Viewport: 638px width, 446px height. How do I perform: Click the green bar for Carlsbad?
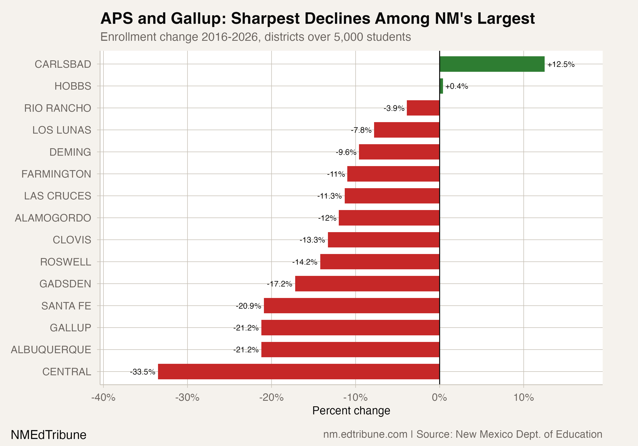click(x=492, y=64)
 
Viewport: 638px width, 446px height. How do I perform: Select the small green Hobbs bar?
click(x=441, y=86)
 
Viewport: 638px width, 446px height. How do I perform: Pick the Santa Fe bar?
click(x=352, y=306)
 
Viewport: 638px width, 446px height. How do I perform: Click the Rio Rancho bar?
click(x=423, y=108)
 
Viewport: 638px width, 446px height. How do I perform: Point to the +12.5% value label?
click(x=561, y=64)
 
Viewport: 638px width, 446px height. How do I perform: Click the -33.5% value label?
click(x=142, y=372)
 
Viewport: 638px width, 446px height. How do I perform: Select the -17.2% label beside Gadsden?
click(x=279, y=284)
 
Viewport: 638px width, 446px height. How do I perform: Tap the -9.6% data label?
click(x=346, y=152)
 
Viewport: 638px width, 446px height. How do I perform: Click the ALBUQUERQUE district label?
click(x=51, y=350)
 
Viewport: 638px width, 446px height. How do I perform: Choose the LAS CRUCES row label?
click(x=57, y=196)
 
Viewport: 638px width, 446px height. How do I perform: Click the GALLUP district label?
click(x=70, y=328)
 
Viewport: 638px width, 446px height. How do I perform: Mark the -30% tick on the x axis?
click(x=187, y=397)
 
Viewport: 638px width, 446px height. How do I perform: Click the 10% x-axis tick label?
click(x=524, y=397)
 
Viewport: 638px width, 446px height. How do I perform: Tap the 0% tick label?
click(x=439, y=397)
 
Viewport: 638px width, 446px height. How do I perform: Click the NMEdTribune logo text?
click(x=49, y=435)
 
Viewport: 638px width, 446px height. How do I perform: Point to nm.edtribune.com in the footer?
click(x=365, y=434)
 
